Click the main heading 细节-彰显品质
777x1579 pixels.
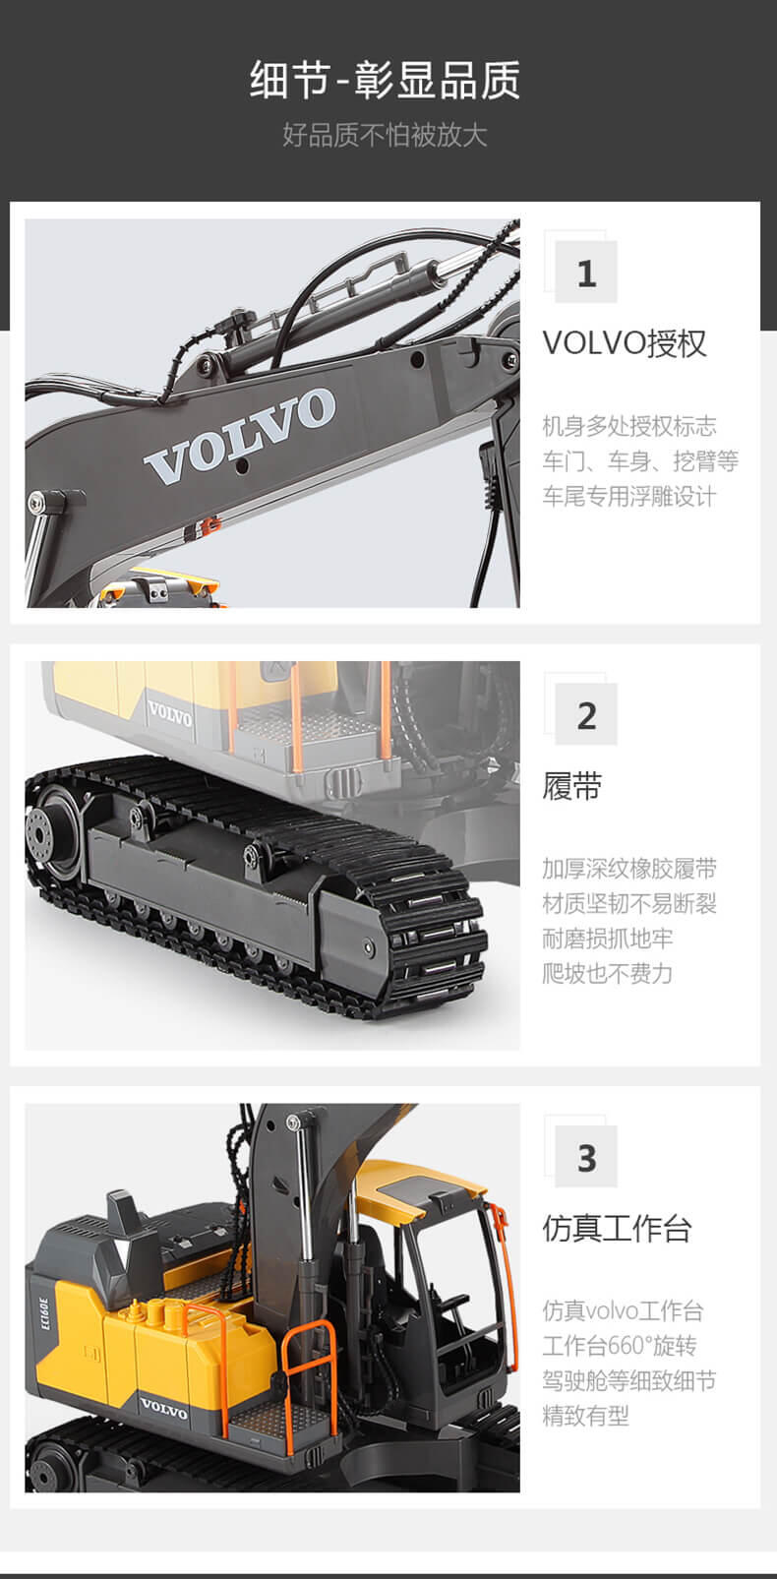385,80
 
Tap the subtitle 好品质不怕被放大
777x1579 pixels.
385,134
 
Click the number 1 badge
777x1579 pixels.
586,273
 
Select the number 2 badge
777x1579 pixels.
586,714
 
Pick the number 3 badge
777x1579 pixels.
586,1156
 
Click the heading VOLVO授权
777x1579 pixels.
625,343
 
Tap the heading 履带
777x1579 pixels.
572,785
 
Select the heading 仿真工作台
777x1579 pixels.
617,1228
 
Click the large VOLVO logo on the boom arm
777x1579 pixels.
240,437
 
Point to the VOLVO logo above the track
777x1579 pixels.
170,712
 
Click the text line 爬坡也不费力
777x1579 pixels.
607,974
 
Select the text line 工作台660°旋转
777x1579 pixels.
620,1346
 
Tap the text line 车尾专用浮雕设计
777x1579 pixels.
629,496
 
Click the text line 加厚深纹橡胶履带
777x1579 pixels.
629,869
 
